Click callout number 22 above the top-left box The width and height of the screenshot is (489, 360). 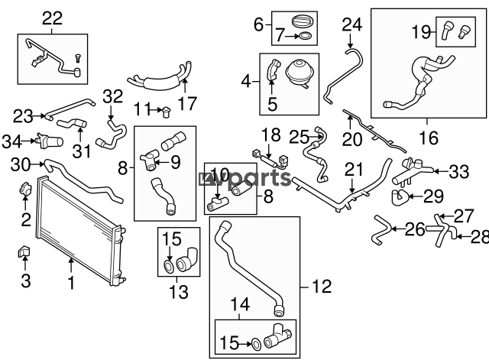tap(53, 18)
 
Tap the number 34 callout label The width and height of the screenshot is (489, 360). tap(12, 141)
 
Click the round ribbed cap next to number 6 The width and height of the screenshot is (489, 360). tap(301, 23)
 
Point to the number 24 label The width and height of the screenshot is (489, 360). tap(352, 24)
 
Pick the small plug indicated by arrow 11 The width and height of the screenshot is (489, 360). tap(167, 112)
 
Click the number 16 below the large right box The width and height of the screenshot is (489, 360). tap(429, 138)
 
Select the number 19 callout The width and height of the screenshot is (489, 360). tap(421, 32)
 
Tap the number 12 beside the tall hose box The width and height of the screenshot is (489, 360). tap(322, 286)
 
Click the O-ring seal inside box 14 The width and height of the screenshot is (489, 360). tap(256, 344)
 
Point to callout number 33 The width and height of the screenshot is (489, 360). tap(458, 171)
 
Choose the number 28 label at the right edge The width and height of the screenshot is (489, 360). tap(481, 237)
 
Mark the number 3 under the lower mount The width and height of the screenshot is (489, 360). tap(26, 281)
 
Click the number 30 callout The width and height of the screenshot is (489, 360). tap(21, 164)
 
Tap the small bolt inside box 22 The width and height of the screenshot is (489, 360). tap(78, 58)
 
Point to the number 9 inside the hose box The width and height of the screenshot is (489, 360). tap(176, 162)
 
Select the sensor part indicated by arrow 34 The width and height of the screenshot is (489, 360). tap(50, 141)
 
